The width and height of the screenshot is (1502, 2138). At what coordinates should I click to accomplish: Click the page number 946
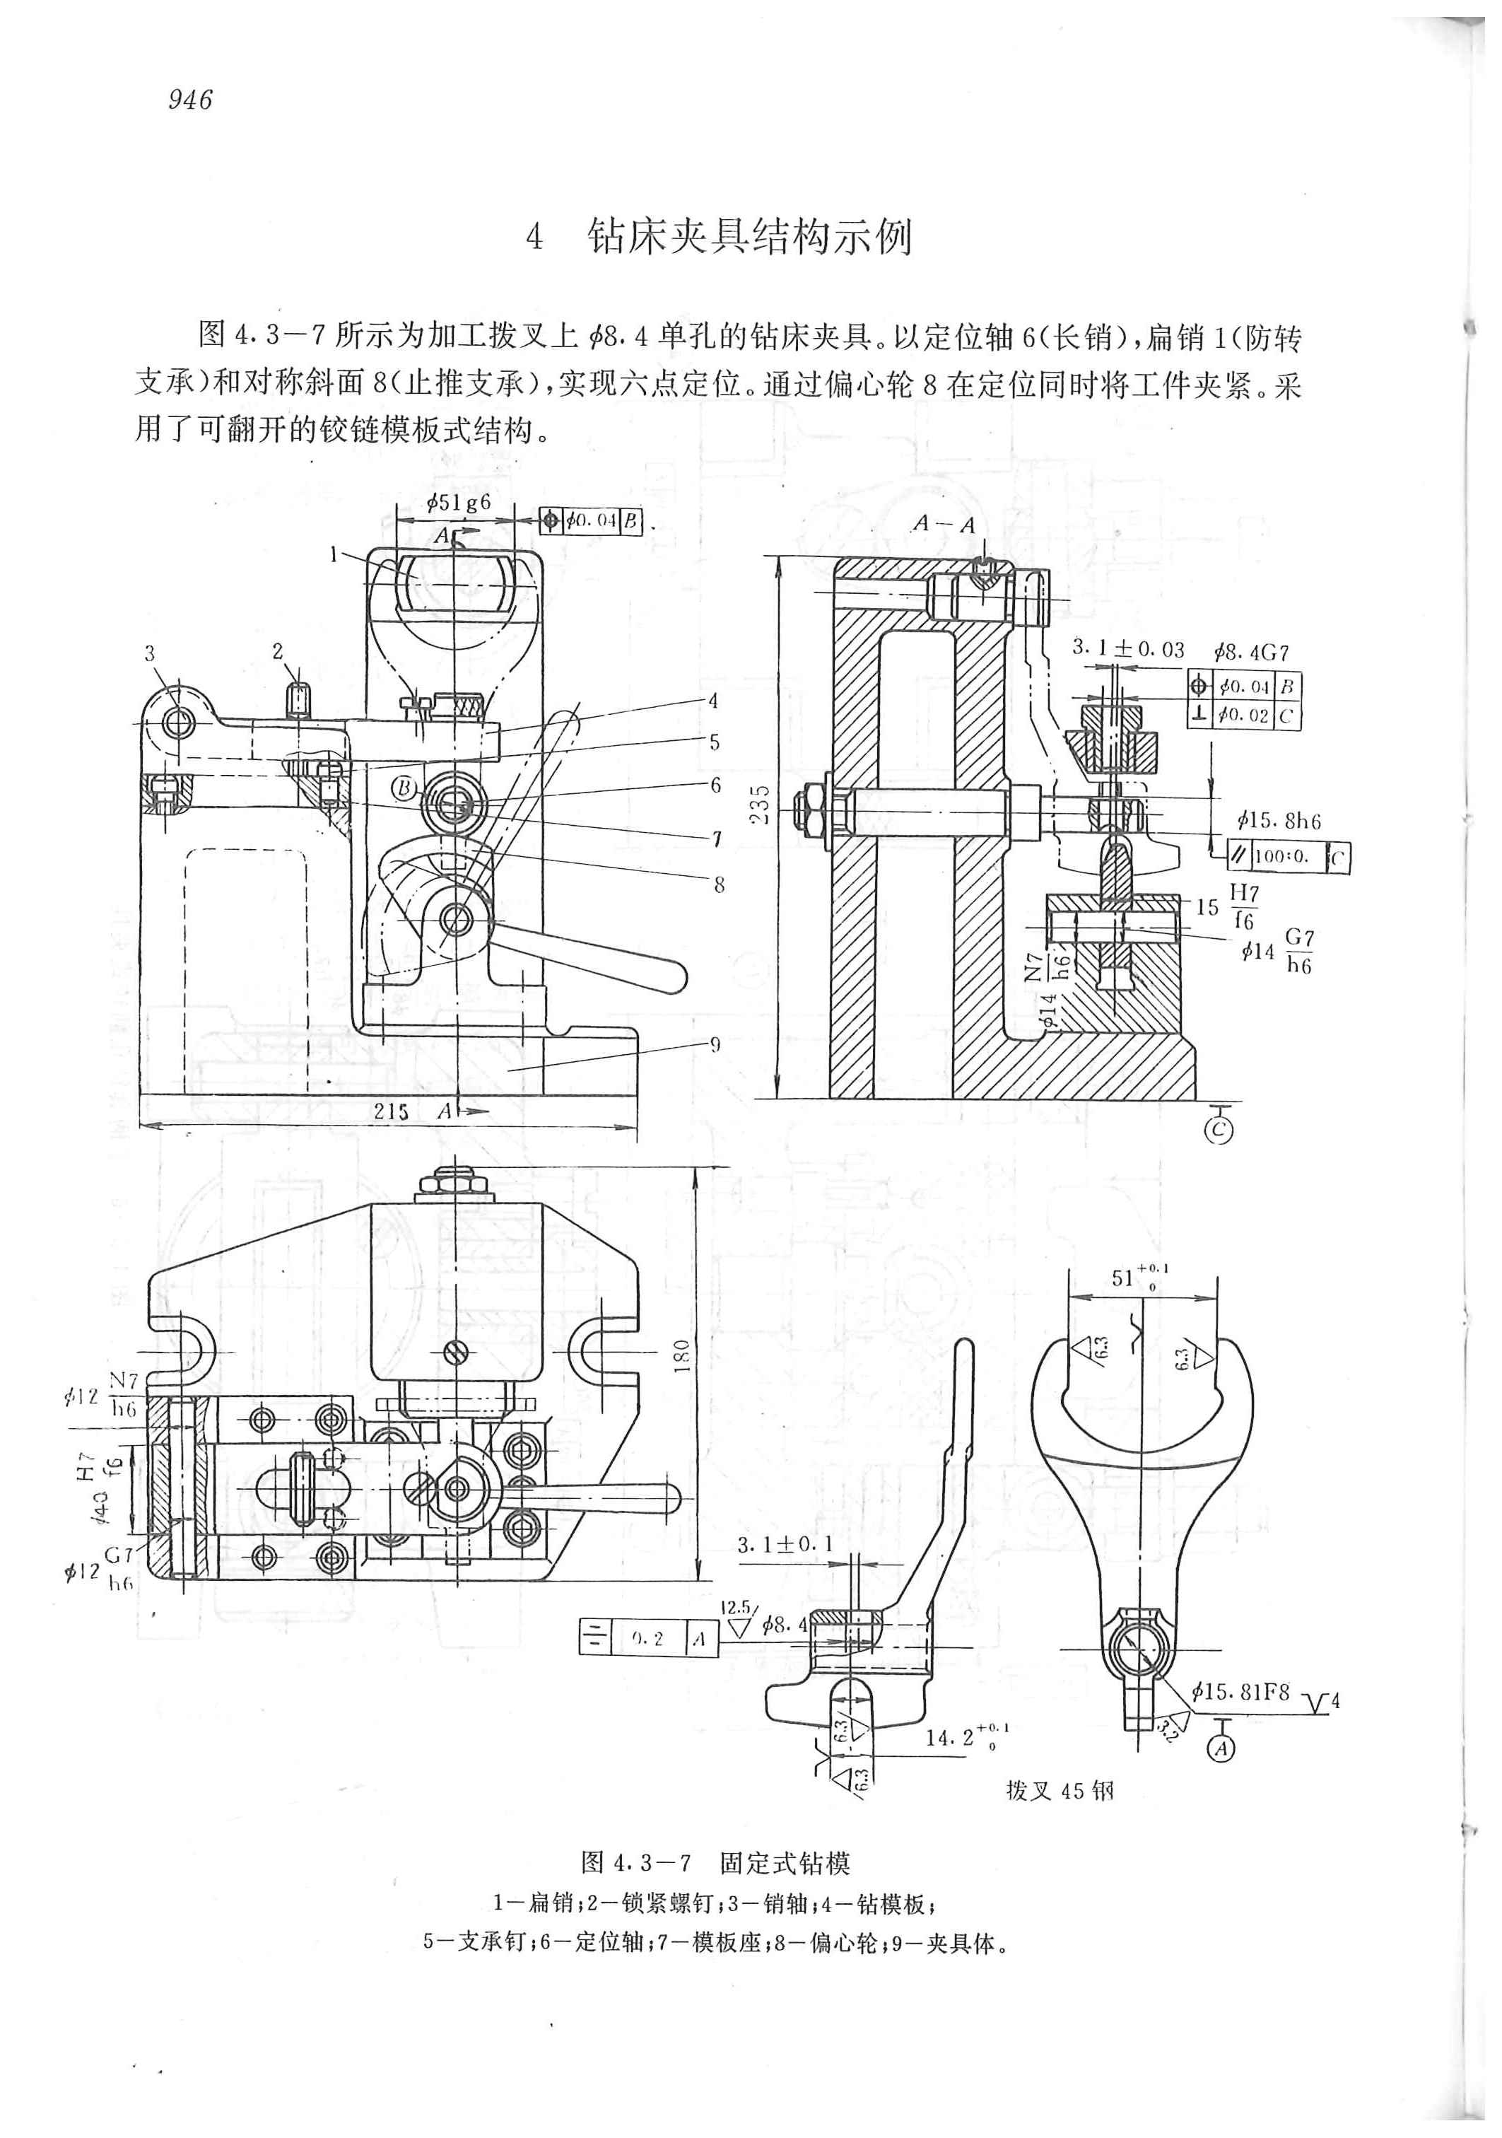pyautogui.click(x=191, y=100)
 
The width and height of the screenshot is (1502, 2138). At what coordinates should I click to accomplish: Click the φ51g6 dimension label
pyautogui.click(x=458, y=502)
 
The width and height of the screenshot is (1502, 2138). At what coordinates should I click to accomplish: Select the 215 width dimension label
pyautogui.click(x=391, y=1111)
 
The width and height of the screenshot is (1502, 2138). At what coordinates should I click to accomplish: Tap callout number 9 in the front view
pyautogui.click(x=715, y=1044)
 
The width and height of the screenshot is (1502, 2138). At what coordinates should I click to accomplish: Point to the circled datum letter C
pyautogui.click(x=1219, y=1131)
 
